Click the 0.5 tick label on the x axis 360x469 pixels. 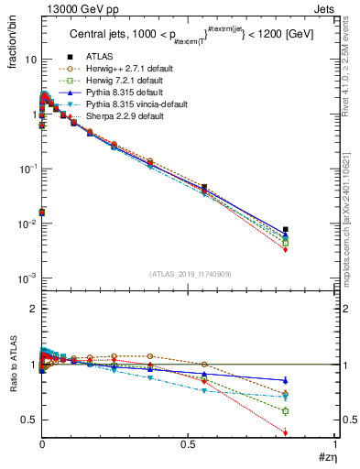click(189, 442)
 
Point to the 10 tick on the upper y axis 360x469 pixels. click(27, 59)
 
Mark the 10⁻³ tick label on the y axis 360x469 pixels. click(26, 278)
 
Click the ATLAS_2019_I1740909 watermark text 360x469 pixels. click(189, 274)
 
